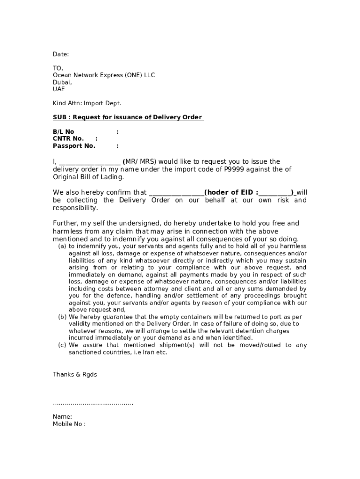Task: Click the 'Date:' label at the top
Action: [61, 54]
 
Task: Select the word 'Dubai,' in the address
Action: [62, 82]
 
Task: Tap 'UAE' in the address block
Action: [59, 89]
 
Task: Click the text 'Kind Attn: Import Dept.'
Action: [87, 103]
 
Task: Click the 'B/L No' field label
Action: [64, 132]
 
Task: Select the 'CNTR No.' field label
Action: [68, 138]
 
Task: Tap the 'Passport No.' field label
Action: [74, 145]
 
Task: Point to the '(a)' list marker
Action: [62, 246]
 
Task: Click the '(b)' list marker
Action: [62, 317]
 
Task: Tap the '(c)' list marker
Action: [62, 345]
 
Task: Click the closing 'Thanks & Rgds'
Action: [75, 374]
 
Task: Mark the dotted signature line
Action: [93, 403]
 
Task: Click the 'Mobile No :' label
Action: [69, 424]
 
